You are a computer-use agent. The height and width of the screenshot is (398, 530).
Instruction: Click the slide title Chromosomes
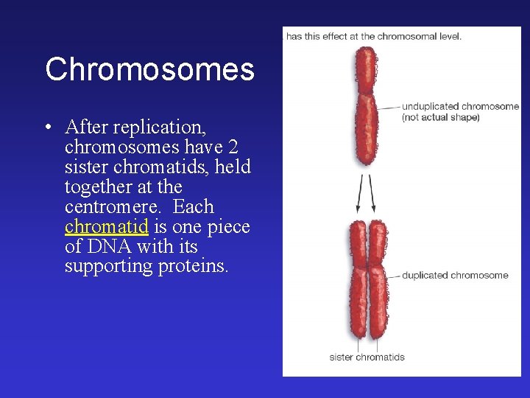point(149,70)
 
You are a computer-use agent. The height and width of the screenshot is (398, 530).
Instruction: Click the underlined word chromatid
point(107,227)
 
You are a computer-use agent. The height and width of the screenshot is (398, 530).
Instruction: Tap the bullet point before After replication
point(48,128)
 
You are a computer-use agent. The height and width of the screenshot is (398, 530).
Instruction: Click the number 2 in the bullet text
point(231,147)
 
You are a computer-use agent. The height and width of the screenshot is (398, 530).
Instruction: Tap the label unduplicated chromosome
point(460,107)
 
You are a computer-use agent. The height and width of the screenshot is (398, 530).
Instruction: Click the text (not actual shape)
point(440,117)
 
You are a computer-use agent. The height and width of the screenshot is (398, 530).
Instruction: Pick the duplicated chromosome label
point(454,276)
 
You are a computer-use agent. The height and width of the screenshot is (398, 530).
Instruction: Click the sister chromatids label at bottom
point(367,357)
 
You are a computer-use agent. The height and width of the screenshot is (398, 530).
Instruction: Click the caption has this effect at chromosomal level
point(373,37)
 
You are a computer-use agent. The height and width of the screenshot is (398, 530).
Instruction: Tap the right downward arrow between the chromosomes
point(372,194)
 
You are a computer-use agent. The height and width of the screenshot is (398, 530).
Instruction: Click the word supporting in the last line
point(109,266)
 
